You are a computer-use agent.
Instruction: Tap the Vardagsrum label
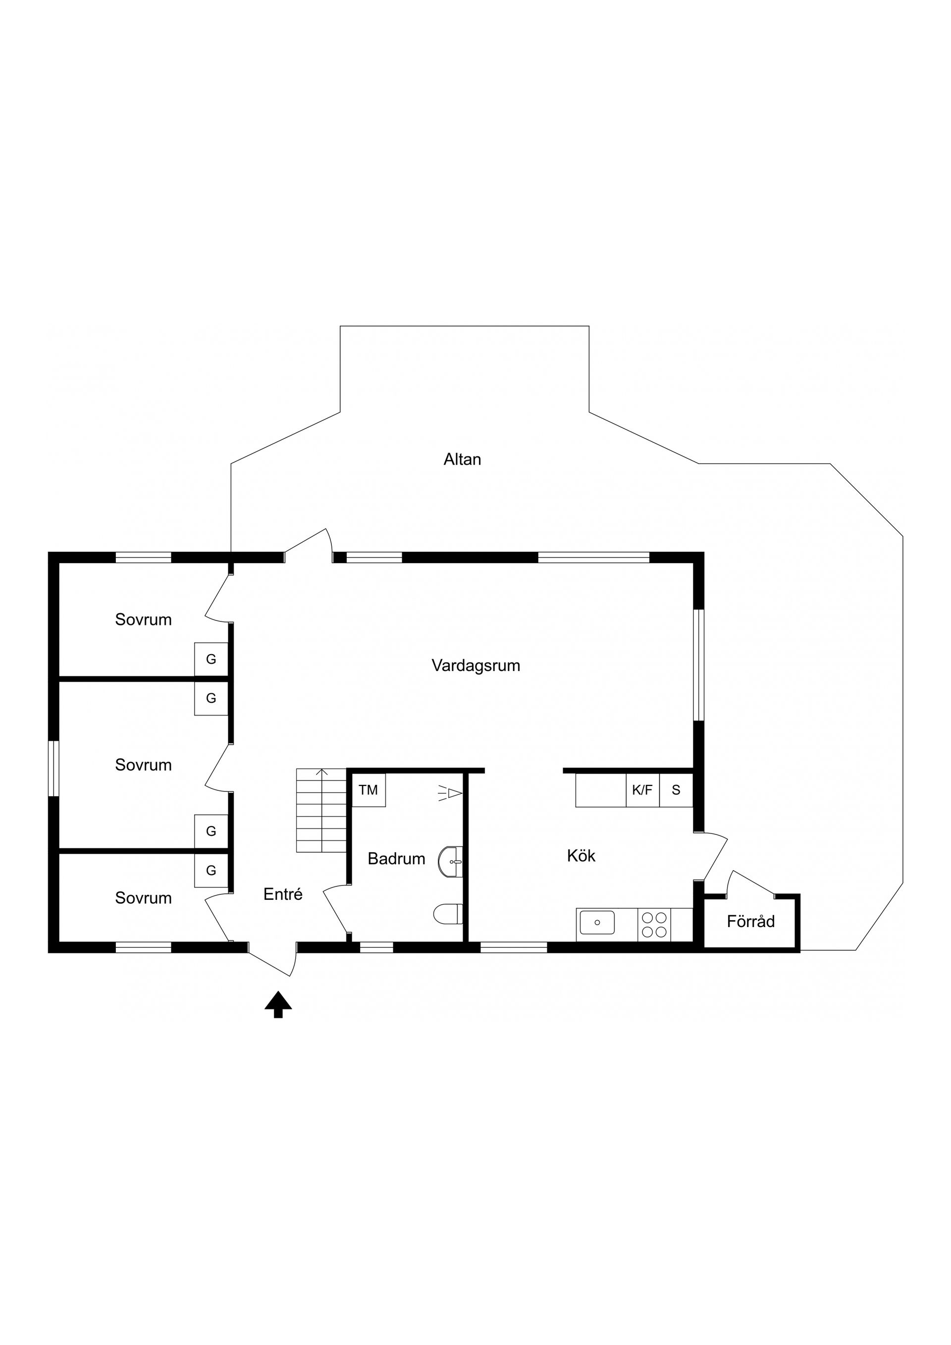click(x=476, y=666)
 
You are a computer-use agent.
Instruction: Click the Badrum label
click(x=396, y=859)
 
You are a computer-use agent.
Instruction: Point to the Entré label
click(x=283, y=894)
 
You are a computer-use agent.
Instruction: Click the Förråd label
click(x=750, y=922)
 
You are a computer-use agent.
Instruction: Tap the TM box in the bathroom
click(x=368, y=790)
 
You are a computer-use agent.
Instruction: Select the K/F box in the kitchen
click(x=642, y=790)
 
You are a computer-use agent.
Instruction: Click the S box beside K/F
click(x=676, y=790)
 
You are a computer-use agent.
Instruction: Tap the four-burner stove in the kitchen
click(x=654, y=925)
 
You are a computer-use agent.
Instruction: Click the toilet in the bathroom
click(x=449, y=913)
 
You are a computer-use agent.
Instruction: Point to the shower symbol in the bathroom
click(x=451, y=793)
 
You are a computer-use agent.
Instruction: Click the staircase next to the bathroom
click(x=321, y=811)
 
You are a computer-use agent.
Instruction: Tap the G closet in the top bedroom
click(x=211, y=659)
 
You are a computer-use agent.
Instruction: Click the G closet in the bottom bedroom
click(x=211, y=871)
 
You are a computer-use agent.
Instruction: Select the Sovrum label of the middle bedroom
click(x=144, y=765)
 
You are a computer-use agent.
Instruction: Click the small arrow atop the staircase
click(x=321, y=773)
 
